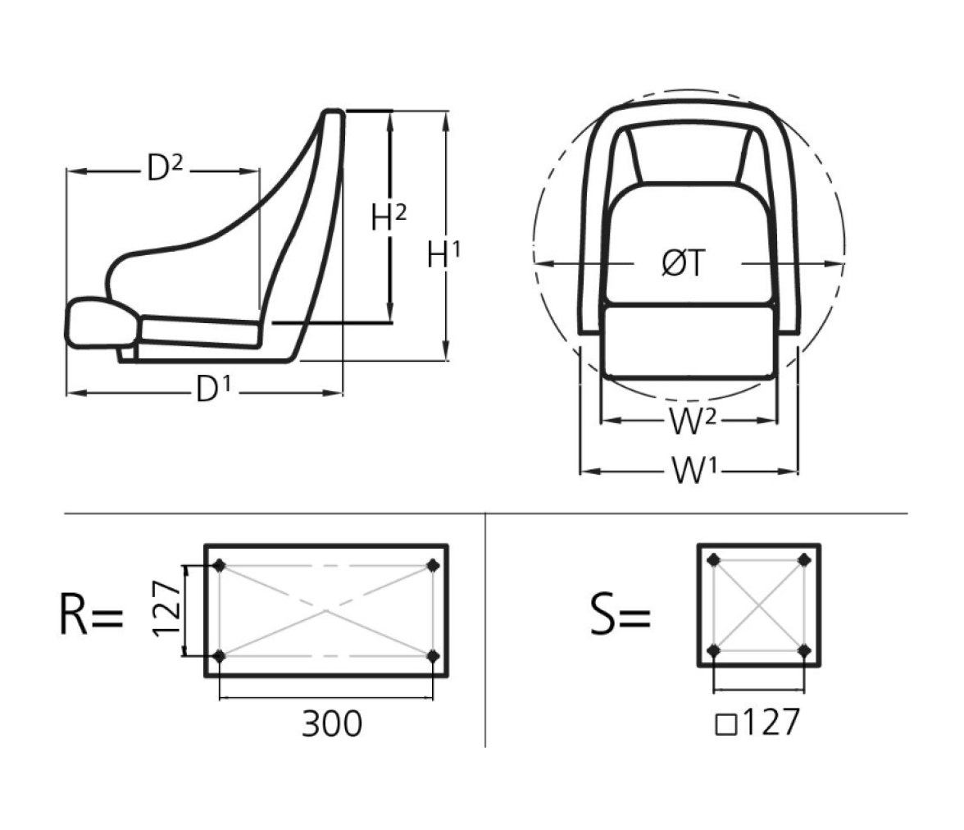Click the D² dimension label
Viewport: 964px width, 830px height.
165,168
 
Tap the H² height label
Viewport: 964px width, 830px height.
389,217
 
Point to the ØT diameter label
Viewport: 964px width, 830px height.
683,263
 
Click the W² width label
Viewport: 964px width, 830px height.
692,422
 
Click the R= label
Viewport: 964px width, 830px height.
92,614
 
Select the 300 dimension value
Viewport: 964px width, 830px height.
332,723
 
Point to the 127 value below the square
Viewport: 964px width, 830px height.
771,722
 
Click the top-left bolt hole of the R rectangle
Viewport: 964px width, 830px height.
220,565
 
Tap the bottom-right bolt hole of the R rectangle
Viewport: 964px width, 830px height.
434,656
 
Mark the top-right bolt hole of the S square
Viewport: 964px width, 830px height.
804,559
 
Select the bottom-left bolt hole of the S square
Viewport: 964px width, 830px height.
714,650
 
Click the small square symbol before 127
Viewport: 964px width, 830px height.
726,725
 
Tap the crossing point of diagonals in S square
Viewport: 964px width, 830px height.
759,605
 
